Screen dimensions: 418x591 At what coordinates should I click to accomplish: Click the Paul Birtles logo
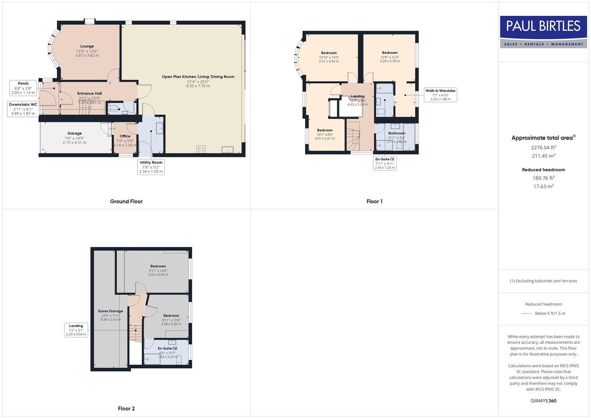click(x=543, y=32)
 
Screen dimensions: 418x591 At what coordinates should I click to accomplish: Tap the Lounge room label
click(x=87, y=46)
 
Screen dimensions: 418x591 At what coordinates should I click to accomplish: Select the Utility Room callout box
click(x=151, y=167)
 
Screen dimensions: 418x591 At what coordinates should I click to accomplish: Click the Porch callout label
click(x=23, y=88)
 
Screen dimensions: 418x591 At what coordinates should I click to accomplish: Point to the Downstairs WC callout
click(x=23, y=109)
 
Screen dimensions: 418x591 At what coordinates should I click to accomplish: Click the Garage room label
click(x=75, y=134)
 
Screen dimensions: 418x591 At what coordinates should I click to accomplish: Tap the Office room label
click(x=125, y=136)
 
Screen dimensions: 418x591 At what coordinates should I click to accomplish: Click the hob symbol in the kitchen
click(x=201, y=149)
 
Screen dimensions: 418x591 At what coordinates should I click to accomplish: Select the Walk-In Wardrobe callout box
click(x=440, y=95)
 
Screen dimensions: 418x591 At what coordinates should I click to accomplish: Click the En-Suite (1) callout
click(x=385, y=163)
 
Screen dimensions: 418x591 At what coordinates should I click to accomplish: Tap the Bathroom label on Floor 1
click(x=397, y=133)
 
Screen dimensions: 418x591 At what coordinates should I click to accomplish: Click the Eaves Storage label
click(x=110, y=311)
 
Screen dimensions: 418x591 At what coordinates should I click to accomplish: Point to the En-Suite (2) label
click(x=168, y=348)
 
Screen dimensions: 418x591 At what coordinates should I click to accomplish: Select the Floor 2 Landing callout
click(x=76, y=330)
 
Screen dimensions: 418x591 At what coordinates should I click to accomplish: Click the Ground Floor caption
click(x=126, y=201)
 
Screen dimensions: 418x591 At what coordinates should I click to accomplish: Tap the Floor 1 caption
click(x=374, y=201)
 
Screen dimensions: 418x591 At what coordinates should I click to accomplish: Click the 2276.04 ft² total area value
click(x=543, y=147)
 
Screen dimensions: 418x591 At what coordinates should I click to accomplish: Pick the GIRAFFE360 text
click(x=543, y=401)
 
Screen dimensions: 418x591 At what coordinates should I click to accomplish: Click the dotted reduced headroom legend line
click(x=527, y=313)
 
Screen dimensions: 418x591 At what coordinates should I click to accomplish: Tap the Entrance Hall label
click(x=89, y=93)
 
